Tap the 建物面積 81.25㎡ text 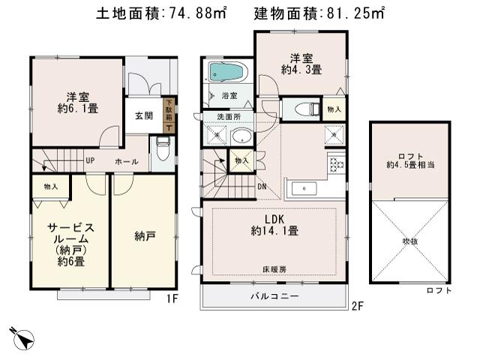pos(319,13)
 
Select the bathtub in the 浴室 pos(226,73)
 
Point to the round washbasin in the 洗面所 pos(241,136)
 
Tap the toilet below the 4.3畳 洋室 pos(304,109)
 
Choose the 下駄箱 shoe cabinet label pos(169,111)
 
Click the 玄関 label pos(144,116)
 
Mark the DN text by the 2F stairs pos(260,187)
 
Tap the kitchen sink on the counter pos(304,187)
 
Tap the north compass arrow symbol pos(22,337)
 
